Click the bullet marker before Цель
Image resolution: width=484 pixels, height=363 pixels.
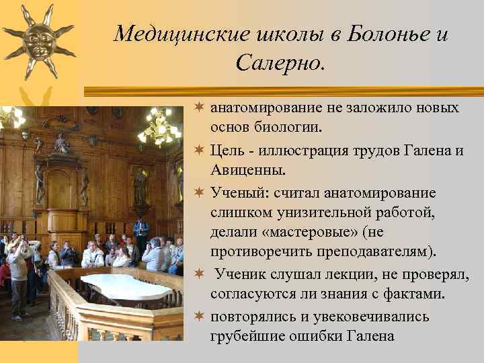[200, 151]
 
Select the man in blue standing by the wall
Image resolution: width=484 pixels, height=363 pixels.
[141, 232]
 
